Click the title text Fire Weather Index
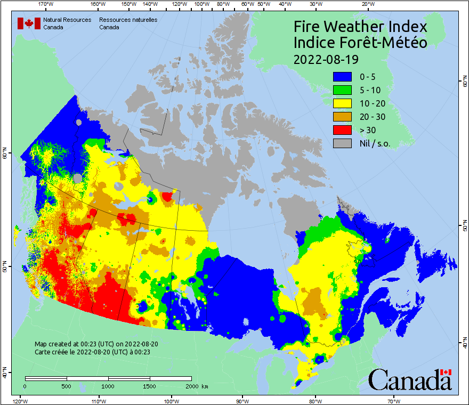(361, 27)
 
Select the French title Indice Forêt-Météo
(361, 43)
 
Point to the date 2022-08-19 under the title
(326, 59)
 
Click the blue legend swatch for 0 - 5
(342, 77)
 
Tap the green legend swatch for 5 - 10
(342, 90)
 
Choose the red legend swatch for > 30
(342, 129)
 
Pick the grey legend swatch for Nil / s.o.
(342, 143)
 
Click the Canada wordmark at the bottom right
(410, 380)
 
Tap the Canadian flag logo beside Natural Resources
(29, 23)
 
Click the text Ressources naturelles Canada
(128, 23)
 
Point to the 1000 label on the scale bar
(108, 386)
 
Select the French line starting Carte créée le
(92, 352)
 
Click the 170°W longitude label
(46, 4)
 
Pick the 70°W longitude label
(394, 400)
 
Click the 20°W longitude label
(367, 4)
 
